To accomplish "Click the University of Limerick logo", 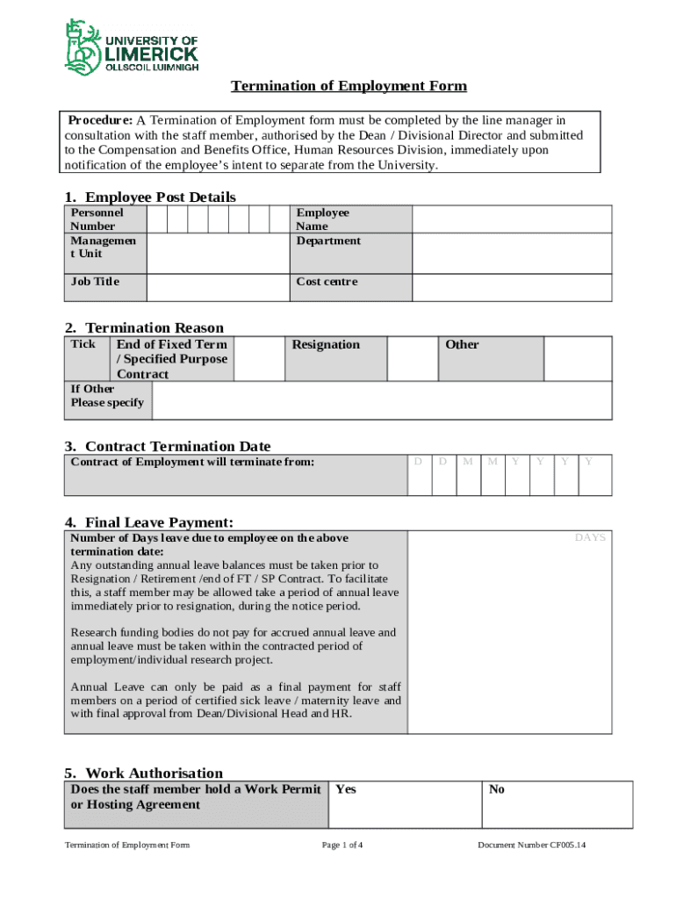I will [132, 47].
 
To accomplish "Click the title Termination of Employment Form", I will [349, 86].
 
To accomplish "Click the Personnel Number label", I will [97, 219].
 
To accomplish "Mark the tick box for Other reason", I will [578, 358].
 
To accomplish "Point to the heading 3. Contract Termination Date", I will [168, 446].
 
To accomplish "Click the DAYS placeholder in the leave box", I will [590, 537].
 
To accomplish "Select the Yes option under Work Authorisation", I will [346, 789].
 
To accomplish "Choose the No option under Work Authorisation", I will [497, 789].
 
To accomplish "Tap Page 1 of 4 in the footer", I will [342, 845].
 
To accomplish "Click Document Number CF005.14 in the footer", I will [531, 845].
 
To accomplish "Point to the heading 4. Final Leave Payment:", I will [148, 522].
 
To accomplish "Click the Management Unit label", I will [103, 247].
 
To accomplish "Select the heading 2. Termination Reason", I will [144, 327].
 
